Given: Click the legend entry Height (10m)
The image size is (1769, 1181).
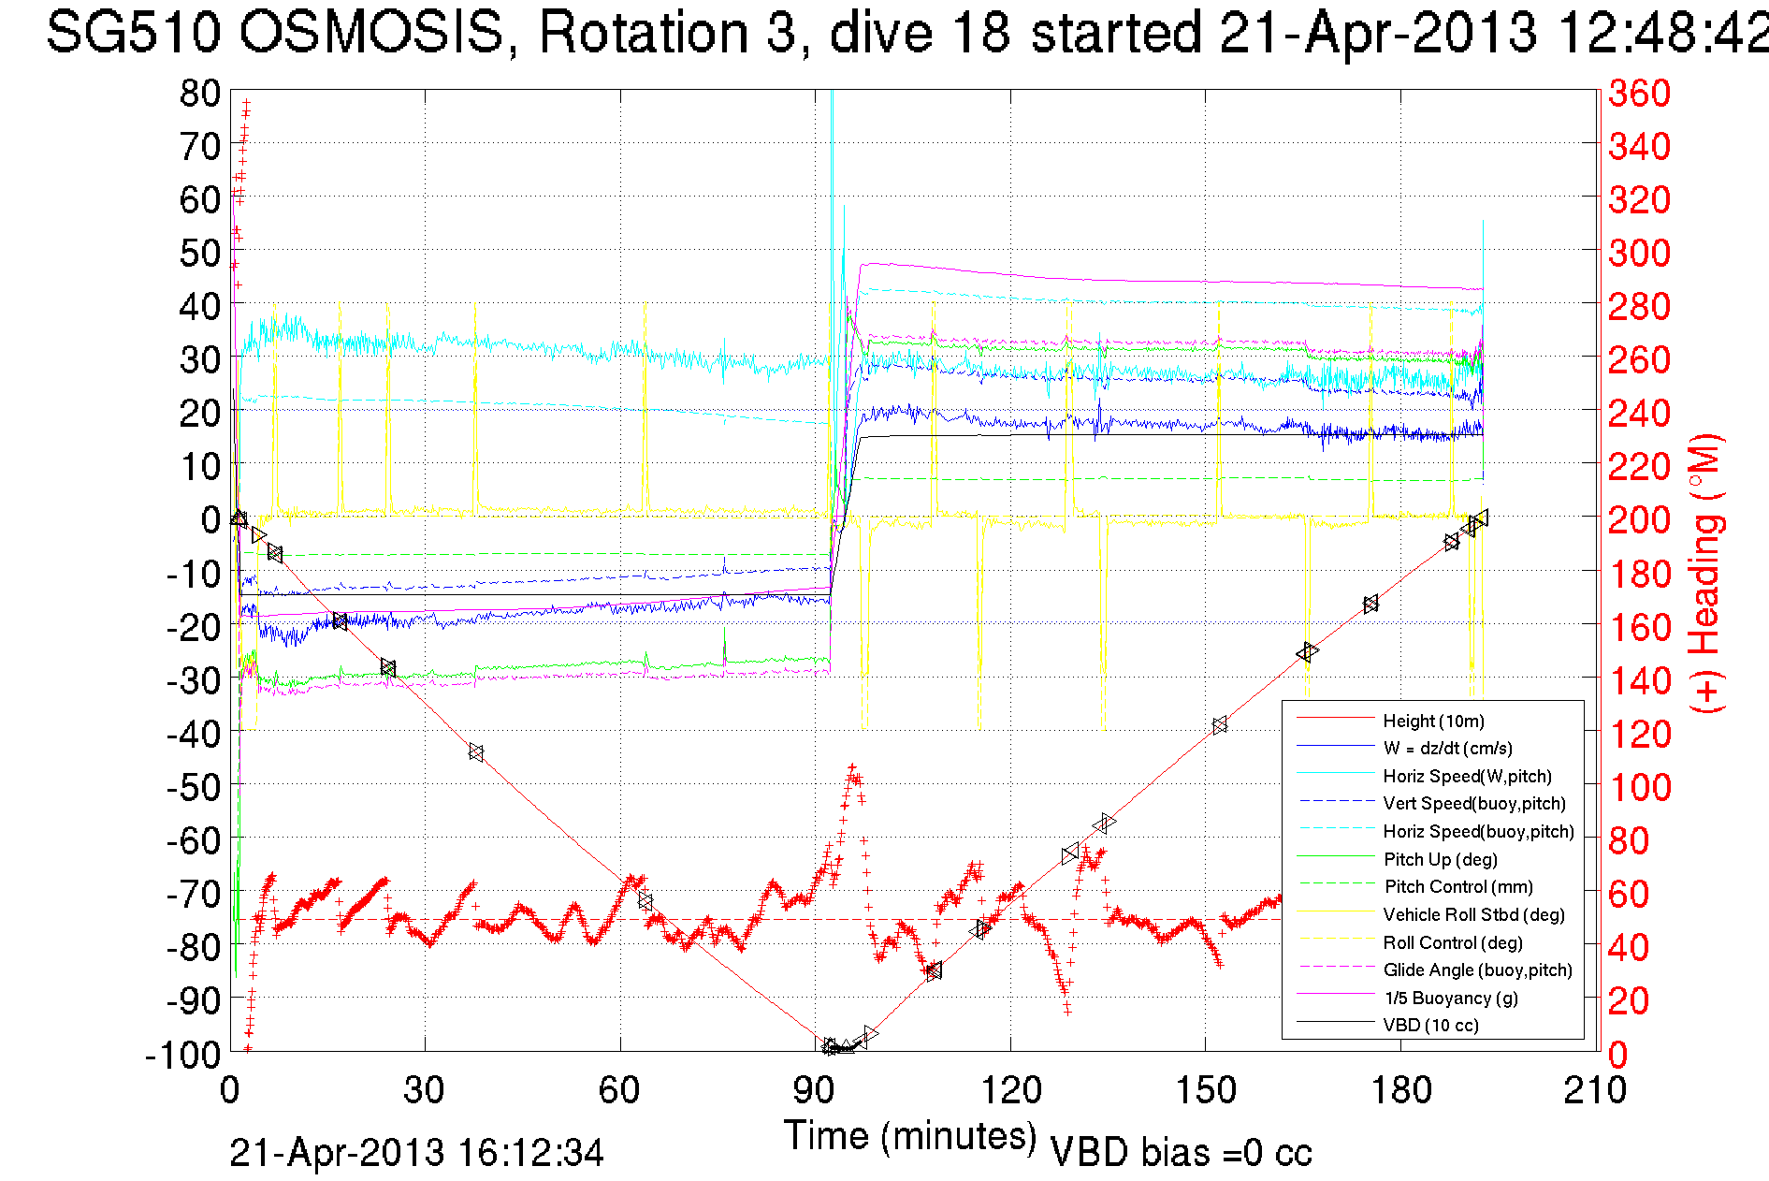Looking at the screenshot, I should coord(1433,721).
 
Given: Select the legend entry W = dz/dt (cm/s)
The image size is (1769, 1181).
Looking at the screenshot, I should coord(1447,748).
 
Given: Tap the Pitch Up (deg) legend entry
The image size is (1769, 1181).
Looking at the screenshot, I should coord(1440,859).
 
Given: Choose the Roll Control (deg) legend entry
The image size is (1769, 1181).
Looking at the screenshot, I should coord(1452,942).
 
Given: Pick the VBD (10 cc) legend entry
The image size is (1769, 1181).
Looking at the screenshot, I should coord(1430,1025).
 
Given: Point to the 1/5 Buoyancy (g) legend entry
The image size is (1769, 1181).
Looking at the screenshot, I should coord(1451,998).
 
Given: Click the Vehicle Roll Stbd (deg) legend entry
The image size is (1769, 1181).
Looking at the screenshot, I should coord(1473,914).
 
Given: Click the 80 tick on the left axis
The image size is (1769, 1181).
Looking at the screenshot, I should coord(200,93).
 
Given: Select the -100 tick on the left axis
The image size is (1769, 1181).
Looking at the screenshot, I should coord(183,1055).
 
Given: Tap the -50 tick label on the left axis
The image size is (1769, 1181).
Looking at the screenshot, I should coord(193,787).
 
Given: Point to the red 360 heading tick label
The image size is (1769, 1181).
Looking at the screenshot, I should coord(1639,93).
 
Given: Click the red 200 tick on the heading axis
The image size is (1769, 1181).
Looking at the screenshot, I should coord(1639,519).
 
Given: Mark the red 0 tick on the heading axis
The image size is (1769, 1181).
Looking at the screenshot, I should coord(1618,1055).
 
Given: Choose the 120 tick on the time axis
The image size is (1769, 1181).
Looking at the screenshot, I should coord(1011,1090).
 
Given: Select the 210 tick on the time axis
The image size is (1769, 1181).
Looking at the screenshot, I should coord(1595,1090).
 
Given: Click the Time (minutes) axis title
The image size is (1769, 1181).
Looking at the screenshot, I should coord(910,1135).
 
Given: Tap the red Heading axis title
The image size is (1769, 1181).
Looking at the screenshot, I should coord(1706,574).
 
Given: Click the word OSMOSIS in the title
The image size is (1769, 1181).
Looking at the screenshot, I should coord(371,33).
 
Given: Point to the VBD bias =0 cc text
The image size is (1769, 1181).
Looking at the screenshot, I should coord(1181,1153).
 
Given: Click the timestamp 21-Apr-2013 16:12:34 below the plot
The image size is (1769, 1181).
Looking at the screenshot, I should coord(416,1153).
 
